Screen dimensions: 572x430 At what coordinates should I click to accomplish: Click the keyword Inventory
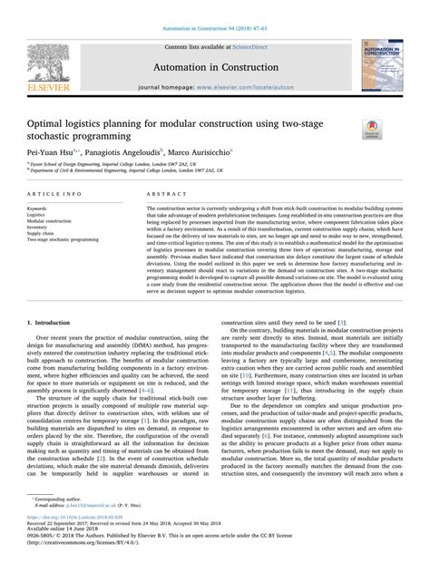(x=40, y=227)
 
